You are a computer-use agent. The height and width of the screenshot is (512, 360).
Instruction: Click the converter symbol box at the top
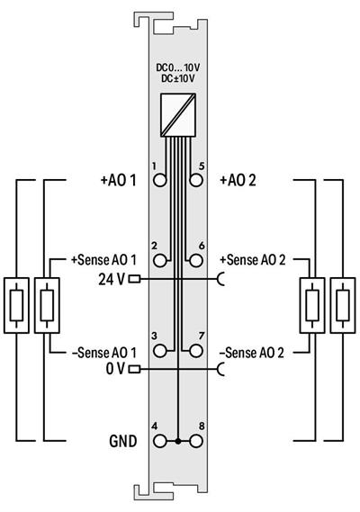point(179,112)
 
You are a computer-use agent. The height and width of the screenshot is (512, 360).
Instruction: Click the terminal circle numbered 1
point(161,180)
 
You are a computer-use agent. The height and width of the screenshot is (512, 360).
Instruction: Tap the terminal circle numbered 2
point(161,261)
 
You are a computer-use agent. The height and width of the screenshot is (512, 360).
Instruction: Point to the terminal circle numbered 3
point(161,351)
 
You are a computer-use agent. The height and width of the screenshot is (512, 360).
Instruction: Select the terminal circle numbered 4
point(161,442)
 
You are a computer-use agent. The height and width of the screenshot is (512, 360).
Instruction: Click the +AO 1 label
point(118,180)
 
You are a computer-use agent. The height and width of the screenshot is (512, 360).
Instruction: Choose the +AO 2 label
point(238,180)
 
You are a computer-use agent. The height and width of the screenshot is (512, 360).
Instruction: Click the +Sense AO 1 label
point(103,261)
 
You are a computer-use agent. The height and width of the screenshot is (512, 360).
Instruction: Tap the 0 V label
point(113,369)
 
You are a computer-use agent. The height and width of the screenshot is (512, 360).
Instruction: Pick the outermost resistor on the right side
point(343,306)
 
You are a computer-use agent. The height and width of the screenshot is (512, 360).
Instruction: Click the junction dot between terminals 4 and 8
point(179,442)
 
